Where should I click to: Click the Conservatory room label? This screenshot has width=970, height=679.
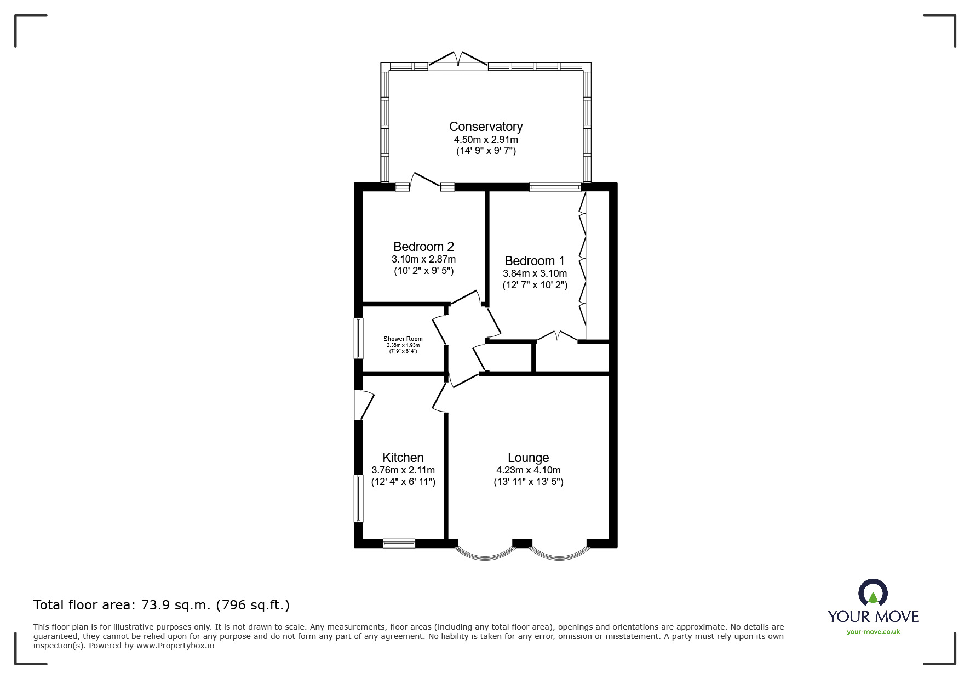(485, 127)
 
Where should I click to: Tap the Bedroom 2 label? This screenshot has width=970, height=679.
(423, 247)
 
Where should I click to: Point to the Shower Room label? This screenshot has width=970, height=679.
(403, 339)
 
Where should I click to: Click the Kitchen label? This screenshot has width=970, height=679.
(403, 458)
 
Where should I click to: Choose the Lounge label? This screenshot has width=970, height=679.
(528, 458)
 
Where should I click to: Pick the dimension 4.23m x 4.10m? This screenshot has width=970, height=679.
(528, 470)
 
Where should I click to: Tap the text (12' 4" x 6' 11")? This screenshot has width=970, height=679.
(403, 482)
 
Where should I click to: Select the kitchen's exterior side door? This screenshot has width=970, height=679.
(363, 405)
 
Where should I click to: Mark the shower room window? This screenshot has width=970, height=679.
(359, 338)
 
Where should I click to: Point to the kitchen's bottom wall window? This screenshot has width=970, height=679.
(399, 543)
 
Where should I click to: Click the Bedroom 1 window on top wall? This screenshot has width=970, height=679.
(555, 187)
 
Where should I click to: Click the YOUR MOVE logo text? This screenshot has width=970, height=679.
(873, 617)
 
